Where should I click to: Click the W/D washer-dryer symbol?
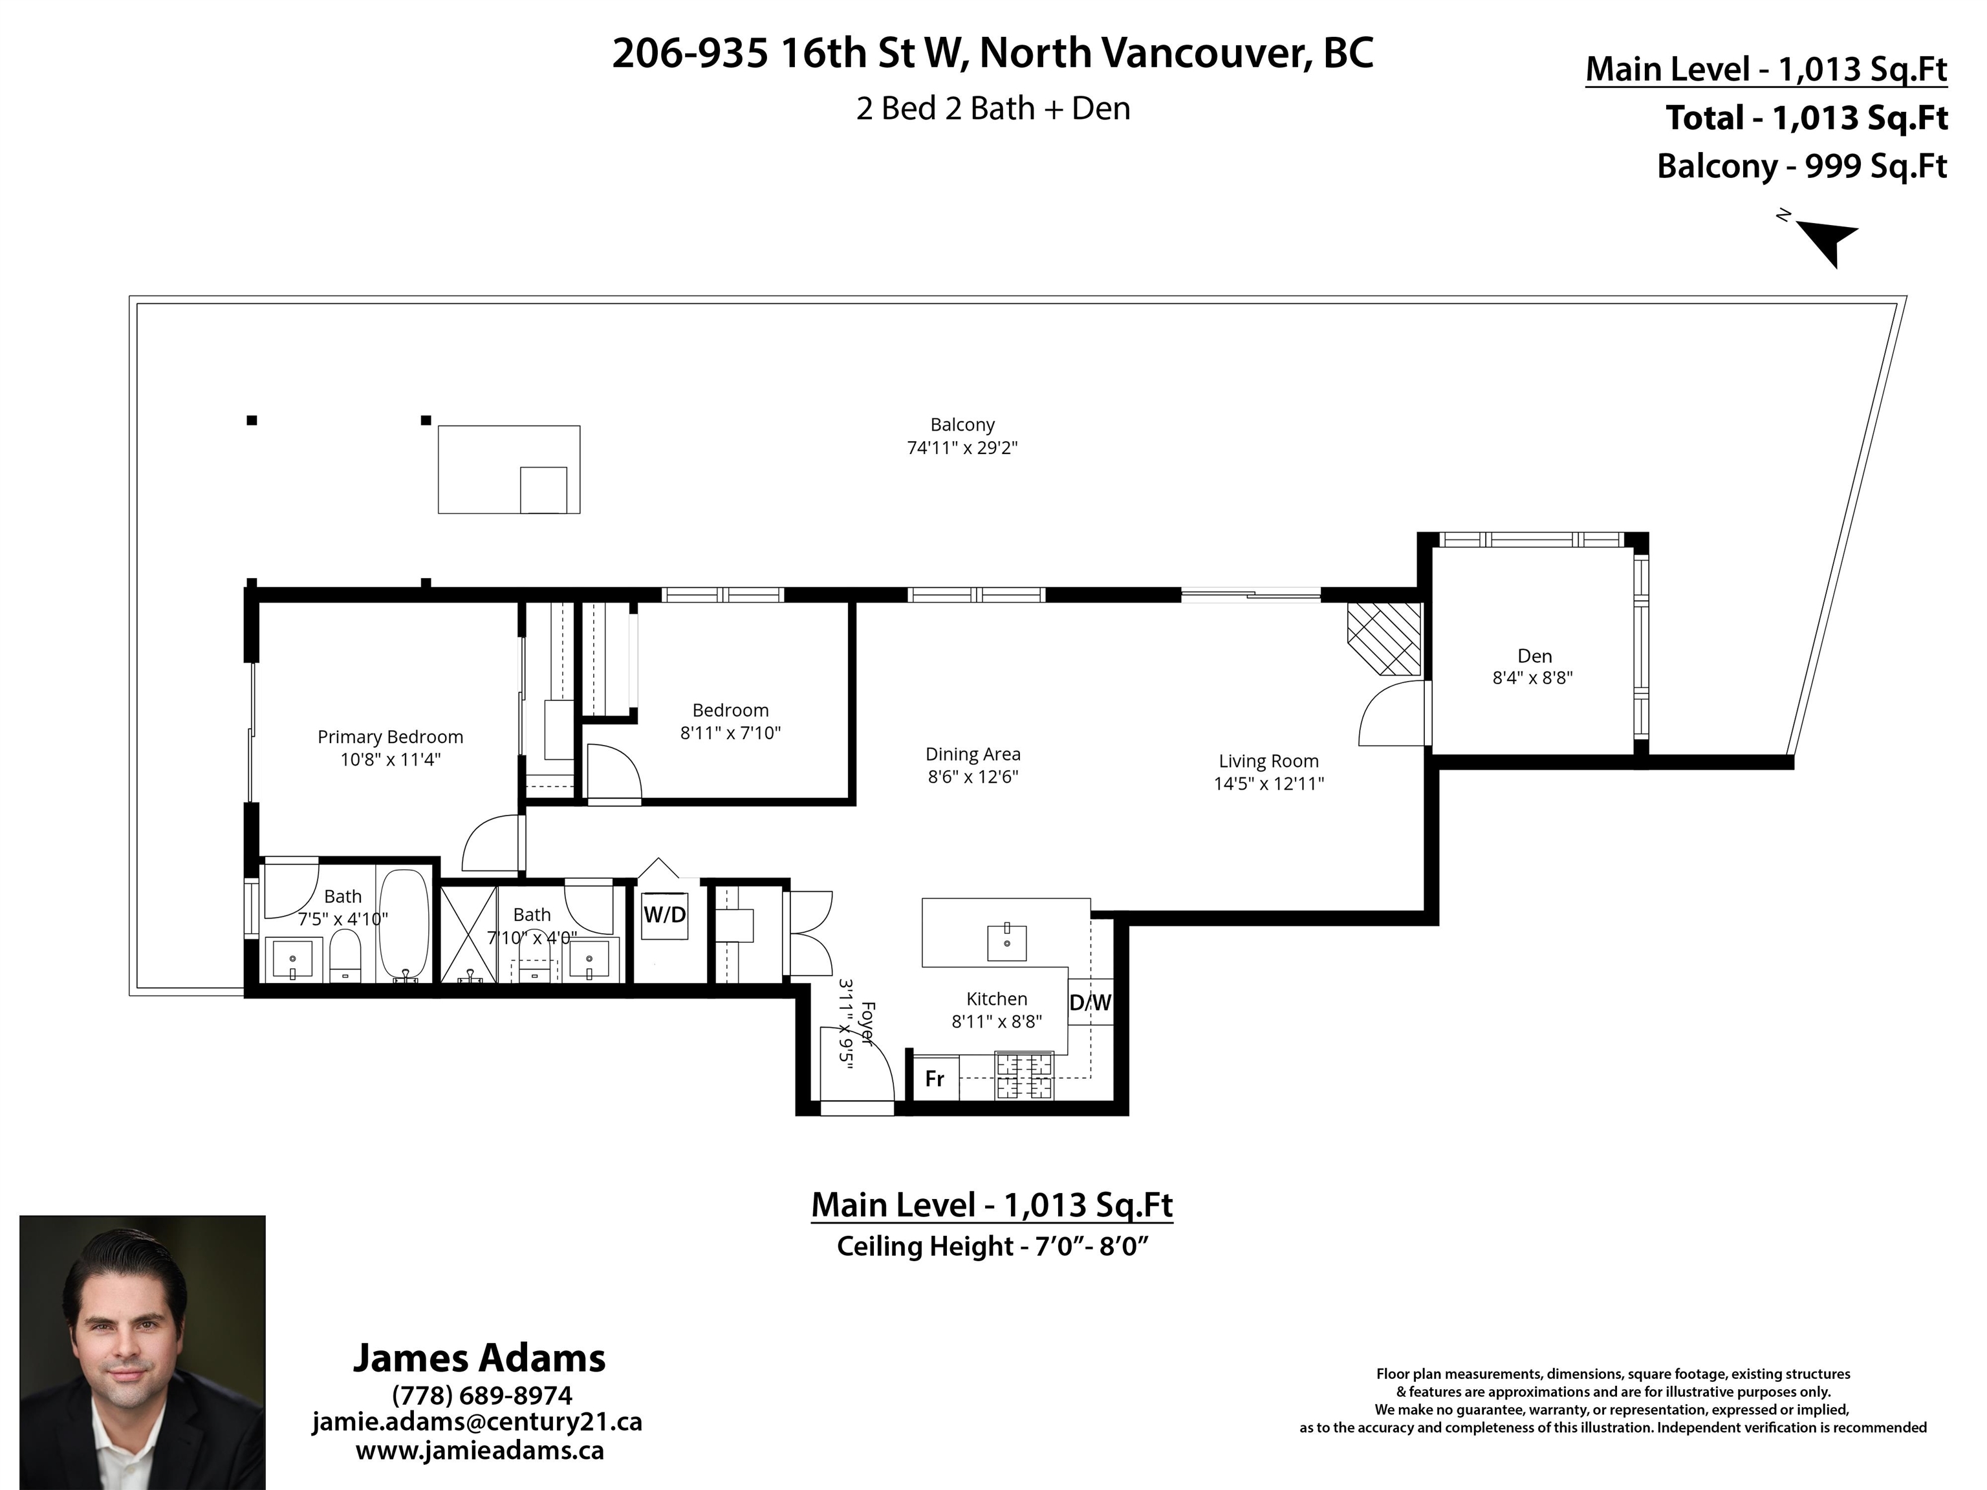click(x=665, y=915)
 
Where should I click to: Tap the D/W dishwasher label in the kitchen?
click(x=1090, y=1003)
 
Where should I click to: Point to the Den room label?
click(x=1534, y=656)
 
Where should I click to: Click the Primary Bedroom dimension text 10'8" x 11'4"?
click(x=390, y=760)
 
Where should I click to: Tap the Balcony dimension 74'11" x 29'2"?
click(x=962, y=448)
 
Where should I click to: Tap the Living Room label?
click(x=1268, y=761)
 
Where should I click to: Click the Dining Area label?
click(x=973, y=755)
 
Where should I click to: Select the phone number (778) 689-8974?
click(x=481, y=1395)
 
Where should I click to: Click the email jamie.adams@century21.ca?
click(x=477, y=1421)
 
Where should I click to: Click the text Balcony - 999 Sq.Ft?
click(x=1801, y=167)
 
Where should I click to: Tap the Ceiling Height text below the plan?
click(x=992, y=1247)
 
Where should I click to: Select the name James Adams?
click(x=479, y=1357)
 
